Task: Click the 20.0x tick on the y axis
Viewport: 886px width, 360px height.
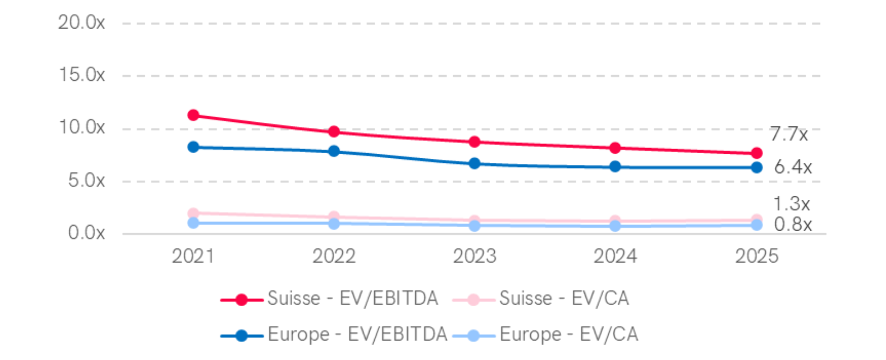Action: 82,22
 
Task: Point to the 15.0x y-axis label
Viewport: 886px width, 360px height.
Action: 82,75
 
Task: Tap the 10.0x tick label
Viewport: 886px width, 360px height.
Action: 82,127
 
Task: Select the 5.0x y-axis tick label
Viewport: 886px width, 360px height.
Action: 87,180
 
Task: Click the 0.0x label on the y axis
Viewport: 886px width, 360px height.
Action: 87,233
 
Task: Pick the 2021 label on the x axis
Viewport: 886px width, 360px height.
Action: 193,256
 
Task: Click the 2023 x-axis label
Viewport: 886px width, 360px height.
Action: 474,256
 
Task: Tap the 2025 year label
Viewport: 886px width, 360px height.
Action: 756,256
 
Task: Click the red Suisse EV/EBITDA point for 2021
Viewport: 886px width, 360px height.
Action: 193,115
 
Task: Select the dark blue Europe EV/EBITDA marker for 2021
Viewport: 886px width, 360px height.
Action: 193,147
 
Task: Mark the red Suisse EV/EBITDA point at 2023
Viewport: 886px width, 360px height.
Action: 474,142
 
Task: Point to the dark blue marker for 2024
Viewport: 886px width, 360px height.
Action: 615,167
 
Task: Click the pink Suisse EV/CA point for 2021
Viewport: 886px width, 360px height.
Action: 193,213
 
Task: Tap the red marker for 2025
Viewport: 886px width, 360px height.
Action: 756,153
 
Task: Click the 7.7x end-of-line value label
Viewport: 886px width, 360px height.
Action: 789,135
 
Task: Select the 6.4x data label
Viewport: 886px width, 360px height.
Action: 793,167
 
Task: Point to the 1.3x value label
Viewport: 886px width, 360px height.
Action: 791,204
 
